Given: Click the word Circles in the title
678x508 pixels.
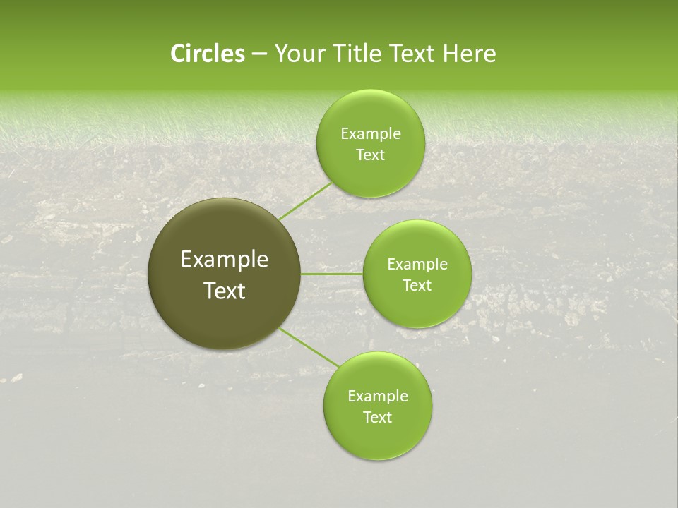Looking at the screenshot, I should tap(207, 54).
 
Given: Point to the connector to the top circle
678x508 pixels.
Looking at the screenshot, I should tap(305, 202).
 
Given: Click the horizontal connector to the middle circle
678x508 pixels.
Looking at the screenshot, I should tap(332, 274).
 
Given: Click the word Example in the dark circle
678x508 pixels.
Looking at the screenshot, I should tap(225, 260).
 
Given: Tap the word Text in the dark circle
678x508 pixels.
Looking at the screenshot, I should tap(225, 291).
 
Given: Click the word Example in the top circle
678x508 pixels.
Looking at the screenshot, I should tap(370, 134).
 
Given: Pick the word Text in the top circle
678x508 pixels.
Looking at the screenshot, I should tap(370, 155).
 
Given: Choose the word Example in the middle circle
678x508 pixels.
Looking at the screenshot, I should tap(417, 265).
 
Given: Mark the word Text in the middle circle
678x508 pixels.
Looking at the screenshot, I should tap(417, 286).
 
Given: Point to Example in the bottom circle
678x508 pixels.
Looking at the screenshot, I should tap(377, 397).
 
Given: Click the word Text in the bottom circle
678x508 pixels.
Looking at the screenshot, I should tap(377, 418).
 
